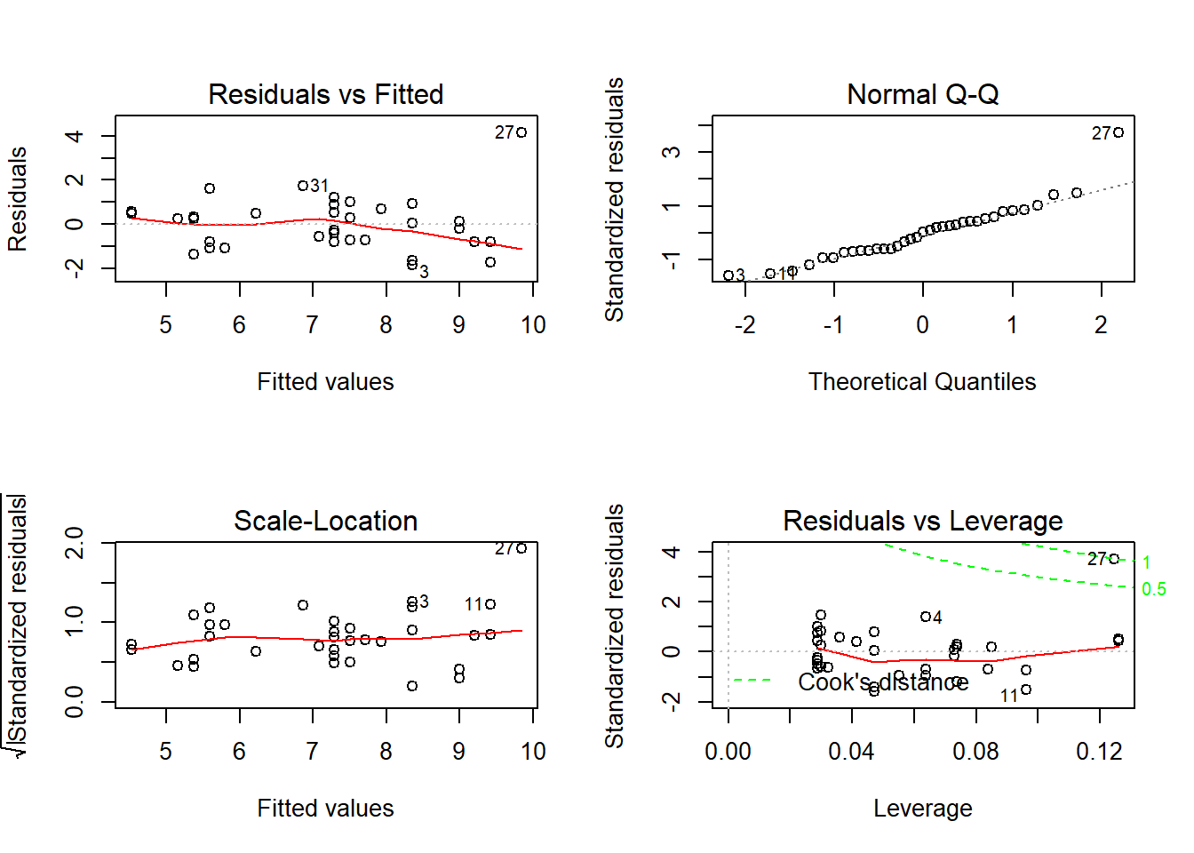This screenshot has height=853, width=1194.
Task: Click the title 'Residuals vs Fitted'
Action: click(x=325, y=94)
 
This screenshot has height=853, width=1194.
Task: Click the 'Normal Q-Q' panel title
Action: click(x=922, y=94)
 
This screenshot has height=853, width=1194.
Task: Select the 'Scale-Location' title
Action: click(x=325, y=521)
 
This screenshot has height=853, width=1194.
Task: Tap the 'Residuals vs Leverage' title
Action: click(x=922, y=521)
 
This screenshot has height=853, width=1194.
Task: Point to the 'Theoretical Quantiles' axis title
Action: click(x=922, y=382)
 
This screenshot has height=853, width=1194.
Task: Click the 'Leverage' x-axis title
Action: click(x=922, y=809)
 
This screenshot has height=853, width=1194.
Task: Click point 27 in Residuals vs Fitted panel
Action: click(x=521, y=132)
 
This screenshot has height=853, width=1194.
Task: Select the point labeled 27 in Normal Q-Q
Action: click(x=1118, y=132)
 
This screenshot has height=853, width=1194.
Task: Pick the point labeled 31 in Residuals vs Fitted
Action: click(x=303, y=186)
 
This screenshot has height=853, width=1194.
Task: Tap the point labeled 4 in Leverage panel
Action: click(x=925, y=617)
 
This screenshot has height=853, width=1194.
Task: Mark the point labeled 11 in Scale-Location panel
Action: click(x=490, y=604)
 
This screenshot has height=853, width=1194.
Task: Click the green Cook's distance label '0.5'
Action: click(x=1153, y=590)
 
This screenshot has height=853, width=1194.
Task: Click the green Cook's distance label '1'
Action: click(x=1147, y=562)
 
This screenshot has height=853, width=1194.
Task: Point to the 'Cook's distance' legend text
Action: click(x=882, y=682)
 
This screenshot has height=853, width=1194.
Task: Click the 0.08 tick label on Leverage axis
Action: click(x=975, y=752)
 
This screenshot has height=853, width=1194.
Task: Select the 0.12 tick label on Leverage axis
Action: click(x=1099, y=752)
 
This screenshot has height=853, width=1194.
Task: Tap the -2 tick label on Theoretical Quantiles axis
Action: click(x=744, y=325)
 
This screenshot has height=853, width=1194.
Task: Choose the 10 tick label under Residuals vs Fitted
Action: click(x=533, y=325)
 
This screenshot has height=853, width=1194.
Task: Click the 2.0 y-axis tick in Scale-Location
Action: click(x=75, y=543)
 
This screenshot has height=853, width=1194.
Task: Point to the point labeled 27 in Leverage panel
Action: click(x=1114, y=559)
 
